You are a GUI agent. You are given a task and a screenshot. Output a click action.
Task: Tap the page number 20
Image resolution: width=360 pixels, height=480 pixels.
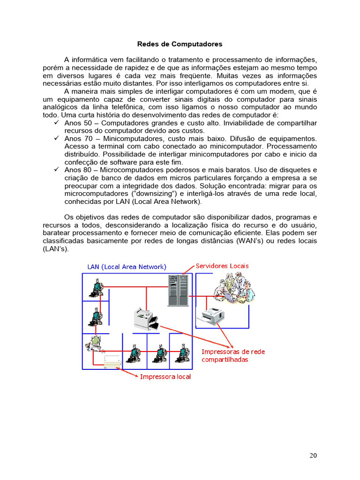click(313, 455)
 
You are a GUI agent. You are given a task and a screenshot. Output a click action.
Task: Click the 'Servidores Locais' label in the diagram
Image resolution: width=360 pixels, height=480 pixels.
click(222, 266)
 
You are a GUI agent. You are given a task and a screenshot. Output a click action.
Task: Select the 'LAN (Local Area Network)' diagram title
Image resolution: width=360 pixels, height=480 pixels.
click(127, 267)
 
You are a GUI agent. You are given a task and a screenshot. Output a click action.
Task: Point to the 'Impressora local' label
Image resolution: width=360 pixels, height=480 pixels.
click(165, 376)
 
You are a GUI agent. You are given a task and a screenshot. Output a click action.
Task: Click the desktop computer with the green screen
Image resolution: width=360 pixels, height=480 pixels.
click(94, 345)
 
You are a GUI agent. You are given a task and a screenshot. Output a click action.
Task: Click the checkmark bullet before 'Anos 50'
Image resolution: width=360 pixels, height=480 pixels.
click(56, 123)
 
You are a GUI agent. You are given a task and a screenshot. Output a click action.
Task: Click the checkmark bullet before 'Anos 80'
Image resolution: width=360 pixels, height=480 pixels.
click(56, 170)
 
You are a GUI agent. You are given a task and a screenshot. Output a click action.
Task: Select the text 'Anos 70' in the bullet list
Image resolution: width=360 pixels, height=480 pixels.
click(76, 139)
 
